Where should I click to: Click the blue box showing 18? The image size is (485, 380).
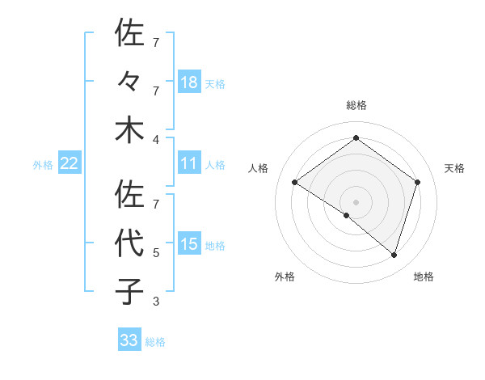click(x=189, y=82)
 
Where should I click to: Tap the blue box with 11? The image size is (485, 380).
click(x=189, y=163)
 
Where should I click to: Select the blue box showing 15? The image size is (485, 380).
click(x=189, y=244)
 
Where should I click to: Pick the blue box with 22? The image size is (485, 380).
click(x=70, y=163)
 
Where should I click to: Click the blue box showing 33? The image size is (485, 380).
click(x=129, y=340)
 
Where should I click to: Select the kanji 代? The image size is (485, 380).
click(x=129, y=243)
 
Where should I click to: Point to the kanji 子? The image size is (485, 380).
click(x=129, y=291)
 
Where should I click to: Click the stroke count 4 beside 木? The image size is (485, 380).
click(x=155, y=138)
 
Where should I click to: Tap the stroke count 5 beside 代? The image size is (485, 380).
click(x=155, y=253)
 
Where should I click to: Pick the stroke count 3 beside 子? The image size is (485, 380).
click(x=155, y=302)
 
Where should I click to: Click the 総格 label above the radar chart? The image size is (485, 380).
click(x=356, y=105)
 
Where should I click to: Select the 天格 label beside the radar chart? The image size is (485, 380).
click(x=454, y=168)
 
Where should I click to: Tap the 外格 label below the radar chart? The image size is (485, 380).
click(x=285, y=277)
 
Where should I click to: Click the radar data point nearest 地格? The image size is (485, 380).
click(x=394, y=255)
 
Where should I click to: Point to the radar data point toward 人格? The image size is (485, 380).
click(x=295, y=183)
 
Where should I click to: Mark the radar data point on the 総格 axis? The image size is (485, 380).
click(x=356, y=138)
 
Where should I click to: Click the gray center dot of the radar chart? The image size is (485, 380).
click(x=356, y=201)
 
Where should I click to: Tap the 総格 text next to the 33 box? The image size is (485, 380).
click(x=155, y=342)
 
